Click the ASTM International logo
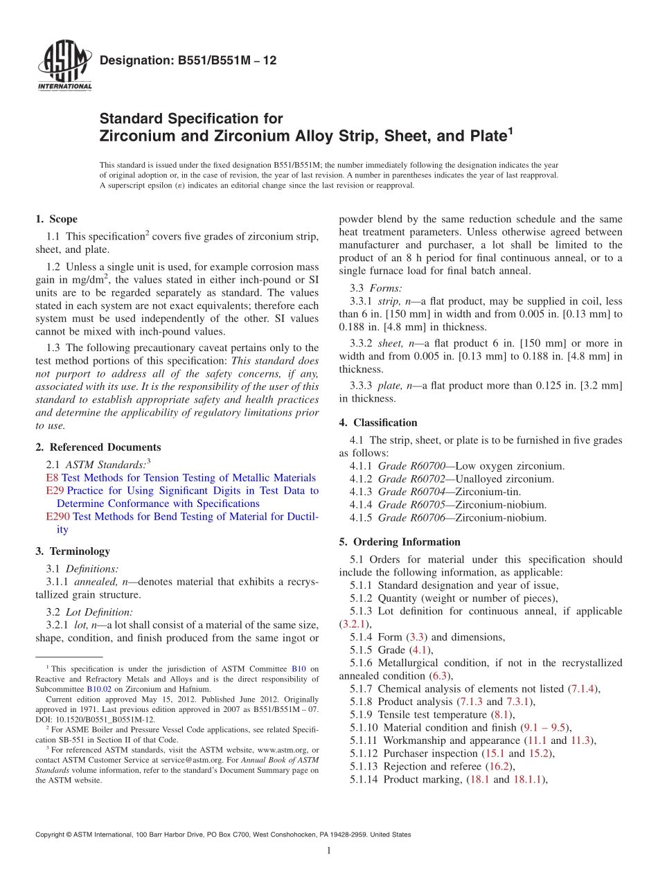point(64,67)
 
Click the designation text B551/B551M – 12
point(188,61)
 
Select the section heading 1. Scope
point(56,220)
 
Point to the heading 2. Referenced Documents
point(98,447)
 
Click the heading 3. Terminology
point(73,551)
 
